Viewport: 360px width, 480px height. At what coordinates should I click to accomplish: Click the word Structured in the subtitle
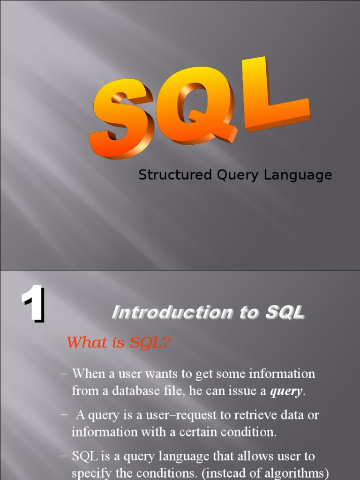click(175, 175)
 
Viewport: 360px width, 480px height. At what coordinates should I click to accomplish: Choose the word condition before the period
click(251, 432)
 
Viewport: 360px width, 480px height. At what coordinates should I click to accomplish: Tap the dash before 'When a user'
click(65, 374)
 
